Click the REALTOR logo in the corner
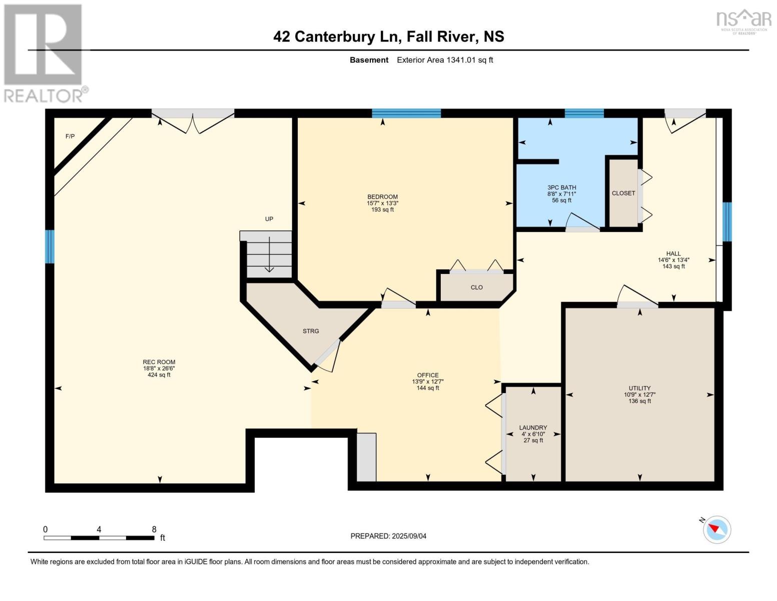click(44, 53)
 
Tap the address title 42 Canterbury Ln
click(388, 37)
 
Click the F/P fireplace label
click(70, 136)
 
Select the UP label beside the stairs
click(269, 219)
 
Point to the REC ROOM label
click(159, 362)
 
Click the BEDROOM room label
click(382, 197)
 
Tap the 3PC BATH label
click(561, 188)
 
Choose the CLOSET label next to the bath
click(623, 193)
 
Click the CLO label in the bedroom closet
click(476, 287)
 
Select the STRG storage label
click(311, 331)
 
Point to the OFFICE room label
click(428, 375)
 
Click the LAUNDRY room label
click(533, 428)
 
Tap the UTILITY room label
click(639, 388)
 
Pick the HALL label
click(673, 253)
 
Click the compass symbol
click(716, 529)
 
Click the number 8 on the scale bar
click(154, 529)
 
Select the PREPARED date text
click(388, 536)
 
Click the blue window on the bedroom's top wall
click(406, 113)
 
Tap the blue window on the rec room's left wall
click(50, 246)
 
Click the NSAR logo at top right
click(744, 20)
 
